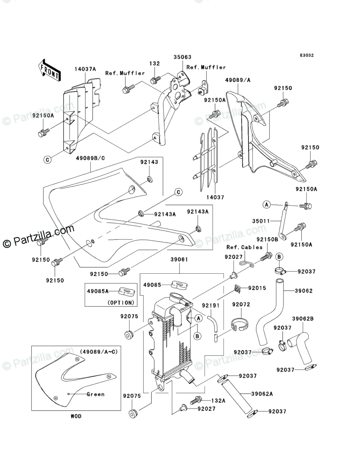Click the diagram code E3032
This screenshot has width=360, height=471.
306,55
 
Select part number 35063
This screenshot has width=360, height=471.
182,57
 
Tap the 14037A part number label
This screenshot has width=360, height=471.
85,69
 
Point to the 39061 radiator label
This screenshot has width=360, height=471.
179,260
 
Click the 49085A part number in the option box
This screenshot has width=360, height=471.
98,291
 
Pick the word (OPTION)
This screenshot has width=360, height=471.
121,302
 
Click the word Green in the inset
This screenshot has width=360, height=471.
95,394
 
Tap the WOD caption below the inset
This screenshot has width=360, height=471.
76,416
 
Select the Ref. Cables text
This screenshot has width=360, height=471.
244,247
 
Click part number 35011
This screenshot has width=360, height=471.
261,221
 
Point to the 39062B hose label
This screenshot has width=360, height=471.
302,319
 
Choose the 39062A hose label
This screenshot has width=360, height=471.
262,394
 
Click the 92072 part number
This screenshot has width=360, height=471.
241,304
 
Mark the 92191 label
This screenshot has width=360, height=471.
211,306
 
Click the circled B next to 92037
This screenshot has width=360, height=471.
279,256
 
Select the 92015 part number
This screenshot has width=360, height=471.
257,288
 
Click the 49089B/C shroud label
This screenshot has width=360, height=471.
90,158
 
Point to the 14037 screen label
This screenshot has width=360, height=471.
215,197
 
